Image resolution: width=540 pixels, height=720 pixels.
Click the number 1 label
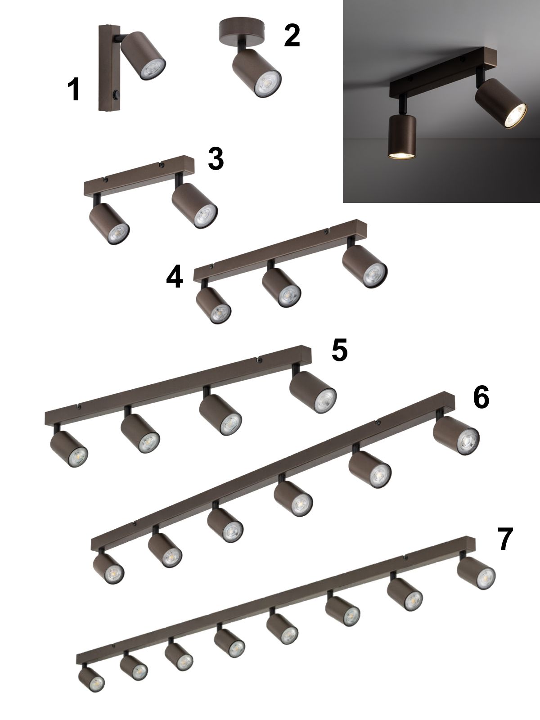click(x=74, y=89)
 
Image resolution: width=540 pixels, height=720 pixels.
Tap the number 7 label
click(x=505, y=539)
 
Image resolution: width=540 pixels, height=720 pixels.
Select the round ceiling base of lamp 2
click(x=243, y=31)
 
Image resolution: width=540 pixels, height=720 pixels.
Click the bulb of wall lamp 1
click(x=153, y=70)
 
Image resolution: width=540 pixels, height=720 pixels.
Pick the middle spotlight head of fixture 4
click(x=282, y=288)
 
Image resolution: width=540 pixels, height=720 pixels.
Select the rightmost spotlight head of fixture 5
click(x=313, y=392)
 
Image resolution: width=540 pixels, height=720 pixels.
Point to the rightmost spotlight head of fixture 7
click(x=476, y=573)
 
